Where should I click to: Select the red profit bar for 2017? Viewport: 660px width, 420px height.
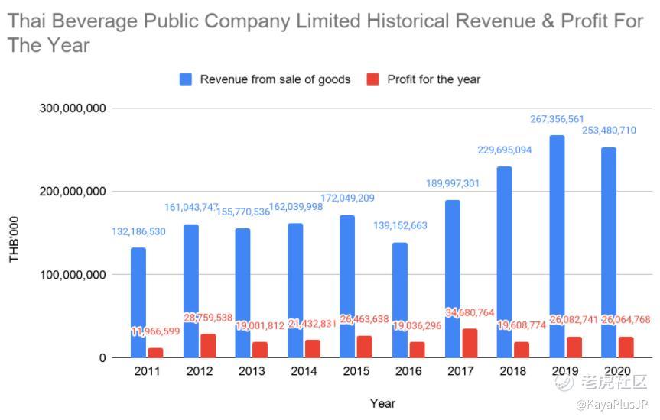[x=470, y=343]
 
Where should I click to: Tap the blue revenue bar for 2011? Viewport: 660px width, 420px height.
[x=138, y=302]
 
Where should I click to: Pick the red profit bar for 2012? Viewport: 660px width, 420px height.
[x=208, y=345]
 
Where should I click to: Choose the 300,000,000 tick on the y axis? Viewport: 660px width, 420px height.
[x=73, y=108]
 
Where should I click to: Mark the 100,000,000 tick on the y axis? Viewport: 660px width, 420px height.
[x=73, y=275]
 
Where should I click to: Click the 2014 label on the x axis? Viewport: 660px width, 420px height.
[x=304, y=371]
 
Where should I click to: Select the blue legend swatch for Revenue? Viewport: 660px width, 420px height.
[x=186, y=79]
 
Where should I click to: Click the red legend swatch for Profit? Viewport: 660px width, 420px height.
[x=373, y=79]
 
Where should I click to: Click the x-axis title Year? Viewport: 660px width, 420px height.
[x=382, y=402]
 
